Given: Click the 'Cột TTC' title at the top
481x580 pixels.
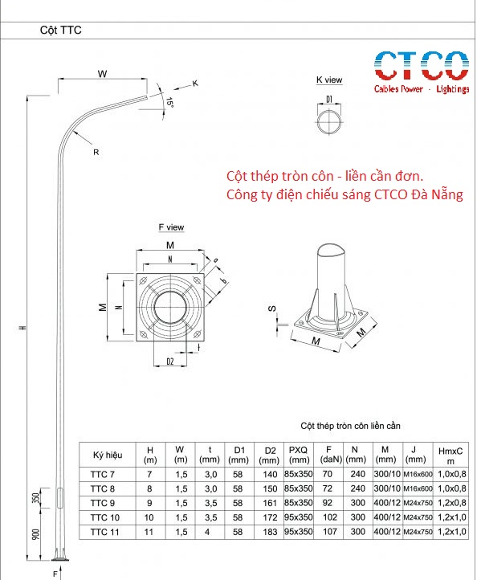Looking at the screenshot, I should click(x=61, y=30).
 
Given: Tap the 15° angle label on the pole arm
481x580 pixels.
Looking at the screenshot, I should click(x=169, y=103).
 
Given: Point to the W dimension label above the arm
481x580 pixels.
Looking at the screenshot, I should click(x=103, y=74).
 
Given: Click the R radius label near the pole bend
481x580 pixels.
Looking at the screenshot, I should click(x=96, y=151).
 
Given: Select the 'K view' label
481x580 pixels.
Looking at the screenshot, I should click(x=329, y=80).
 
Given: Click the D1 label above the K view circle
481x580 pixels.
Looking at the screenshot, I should click(x=329, y=99).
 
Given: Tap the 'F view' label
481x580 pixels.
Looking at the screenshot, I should click(x=170, y=228).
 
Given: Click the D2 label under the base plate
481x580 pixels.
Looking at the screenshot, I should click(x=170, y=362).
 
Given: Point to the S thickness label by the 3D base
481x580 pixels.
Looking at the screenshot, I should click(x=272, y=308).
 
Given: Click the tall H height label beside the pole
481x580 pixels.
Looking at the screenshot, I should click(x=23, y=328).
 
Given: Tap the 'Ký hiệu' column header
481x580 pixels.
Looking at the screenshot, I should click(x=108, y=455).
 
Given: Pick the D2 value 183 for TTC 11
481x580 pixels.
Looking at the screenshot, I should click(x=269, y=532).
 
